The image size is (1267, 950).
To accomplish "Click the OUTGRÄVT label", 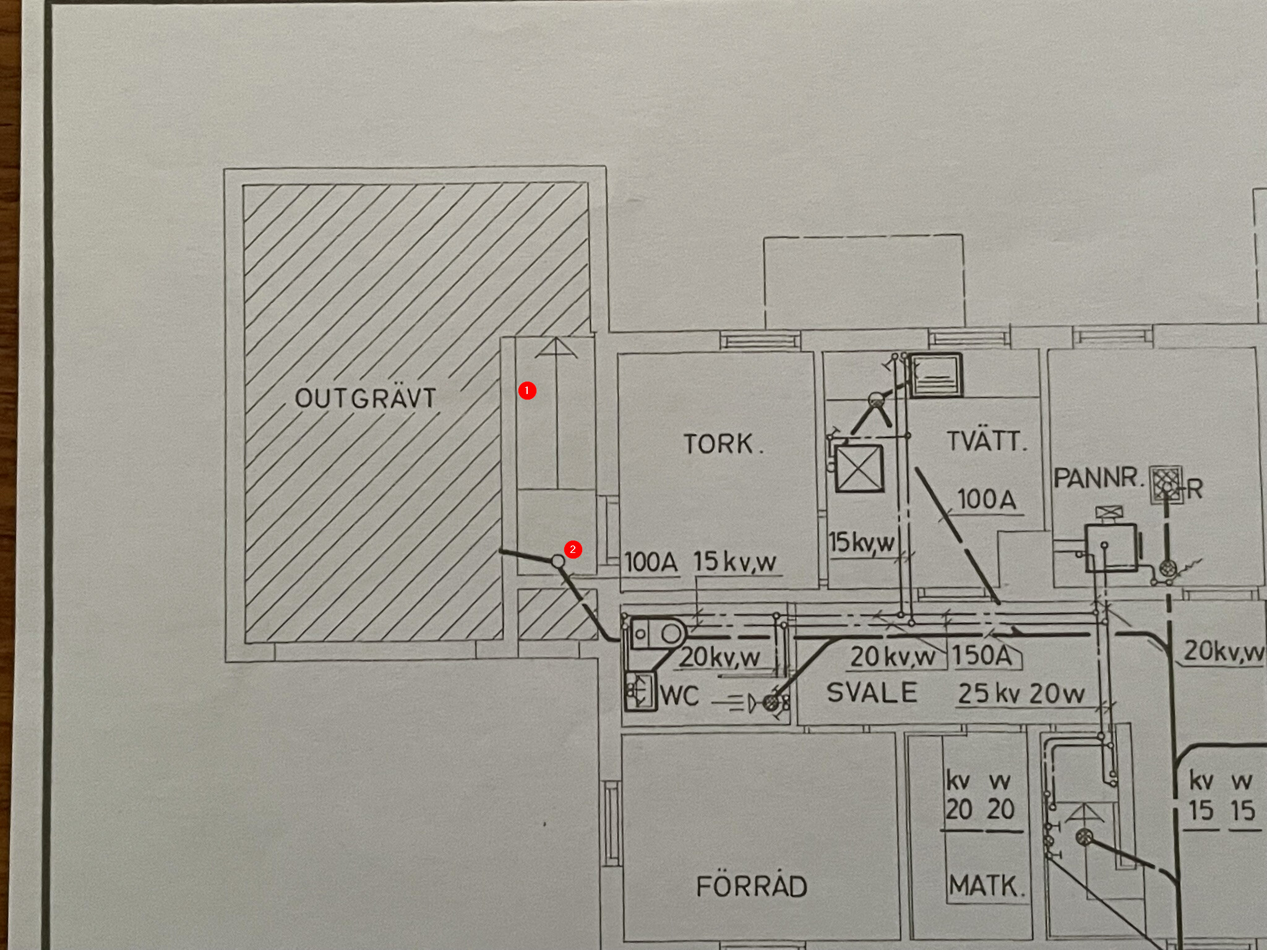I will (366, 398).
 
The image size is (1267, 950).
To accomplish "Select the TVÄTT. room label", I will (986, 442).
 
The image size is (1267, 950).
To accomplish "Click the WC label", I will (679, 696).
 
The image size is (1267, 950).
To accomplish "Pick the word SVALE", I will (872, 693).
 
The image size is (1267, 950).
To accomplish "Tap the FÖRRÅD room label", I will (752, 886).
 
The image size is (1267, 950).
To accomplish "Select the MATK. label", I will (986, 886).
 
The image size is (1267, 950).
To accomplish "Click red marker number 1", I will (527, 391).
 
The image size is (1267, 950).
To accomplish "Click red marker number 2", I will (573, 549).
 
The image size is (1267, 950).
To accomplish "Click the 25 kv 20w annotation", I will (1021, 694).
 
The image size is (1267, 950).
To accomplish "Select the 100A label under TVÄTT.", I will (987, 499).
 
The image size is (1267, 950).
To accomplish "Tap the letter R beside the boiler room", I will (1195, 489).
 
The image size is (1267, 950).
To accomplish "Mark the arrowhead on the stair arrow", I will (556, 348).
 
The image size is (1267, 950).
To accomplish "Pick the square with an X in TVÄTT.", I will (859, 468).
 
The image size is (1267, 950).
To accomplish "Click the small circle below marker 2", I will (558, 562).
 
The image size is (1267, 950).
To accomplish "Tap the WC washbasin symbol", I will (639, 690).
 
